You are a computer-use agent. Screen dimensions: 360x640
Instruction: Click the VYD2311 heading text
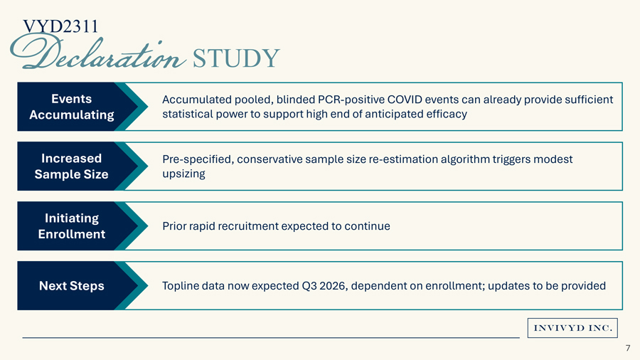60,26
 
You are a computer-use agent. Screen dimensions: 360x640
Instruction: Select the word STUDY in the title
235,58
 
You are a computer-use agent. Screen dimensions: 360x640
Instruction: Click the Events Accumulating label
71,107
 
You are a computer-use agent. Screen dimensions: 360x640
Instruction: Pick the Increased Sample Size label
71,166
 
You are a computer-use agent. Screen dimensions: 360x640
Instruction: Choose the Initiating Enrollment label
71,226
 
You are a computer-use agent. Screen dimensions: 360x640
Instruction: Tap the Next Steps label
71,286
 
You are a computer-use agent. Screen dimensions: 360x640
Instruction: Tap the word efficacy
444,114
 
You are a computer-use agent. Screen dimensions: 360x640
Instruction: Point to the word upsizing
183,174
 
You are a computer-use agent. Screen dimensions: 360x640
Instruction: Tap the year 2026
334,286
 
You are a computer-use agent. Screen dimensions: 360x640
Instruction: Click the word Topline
181,286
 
